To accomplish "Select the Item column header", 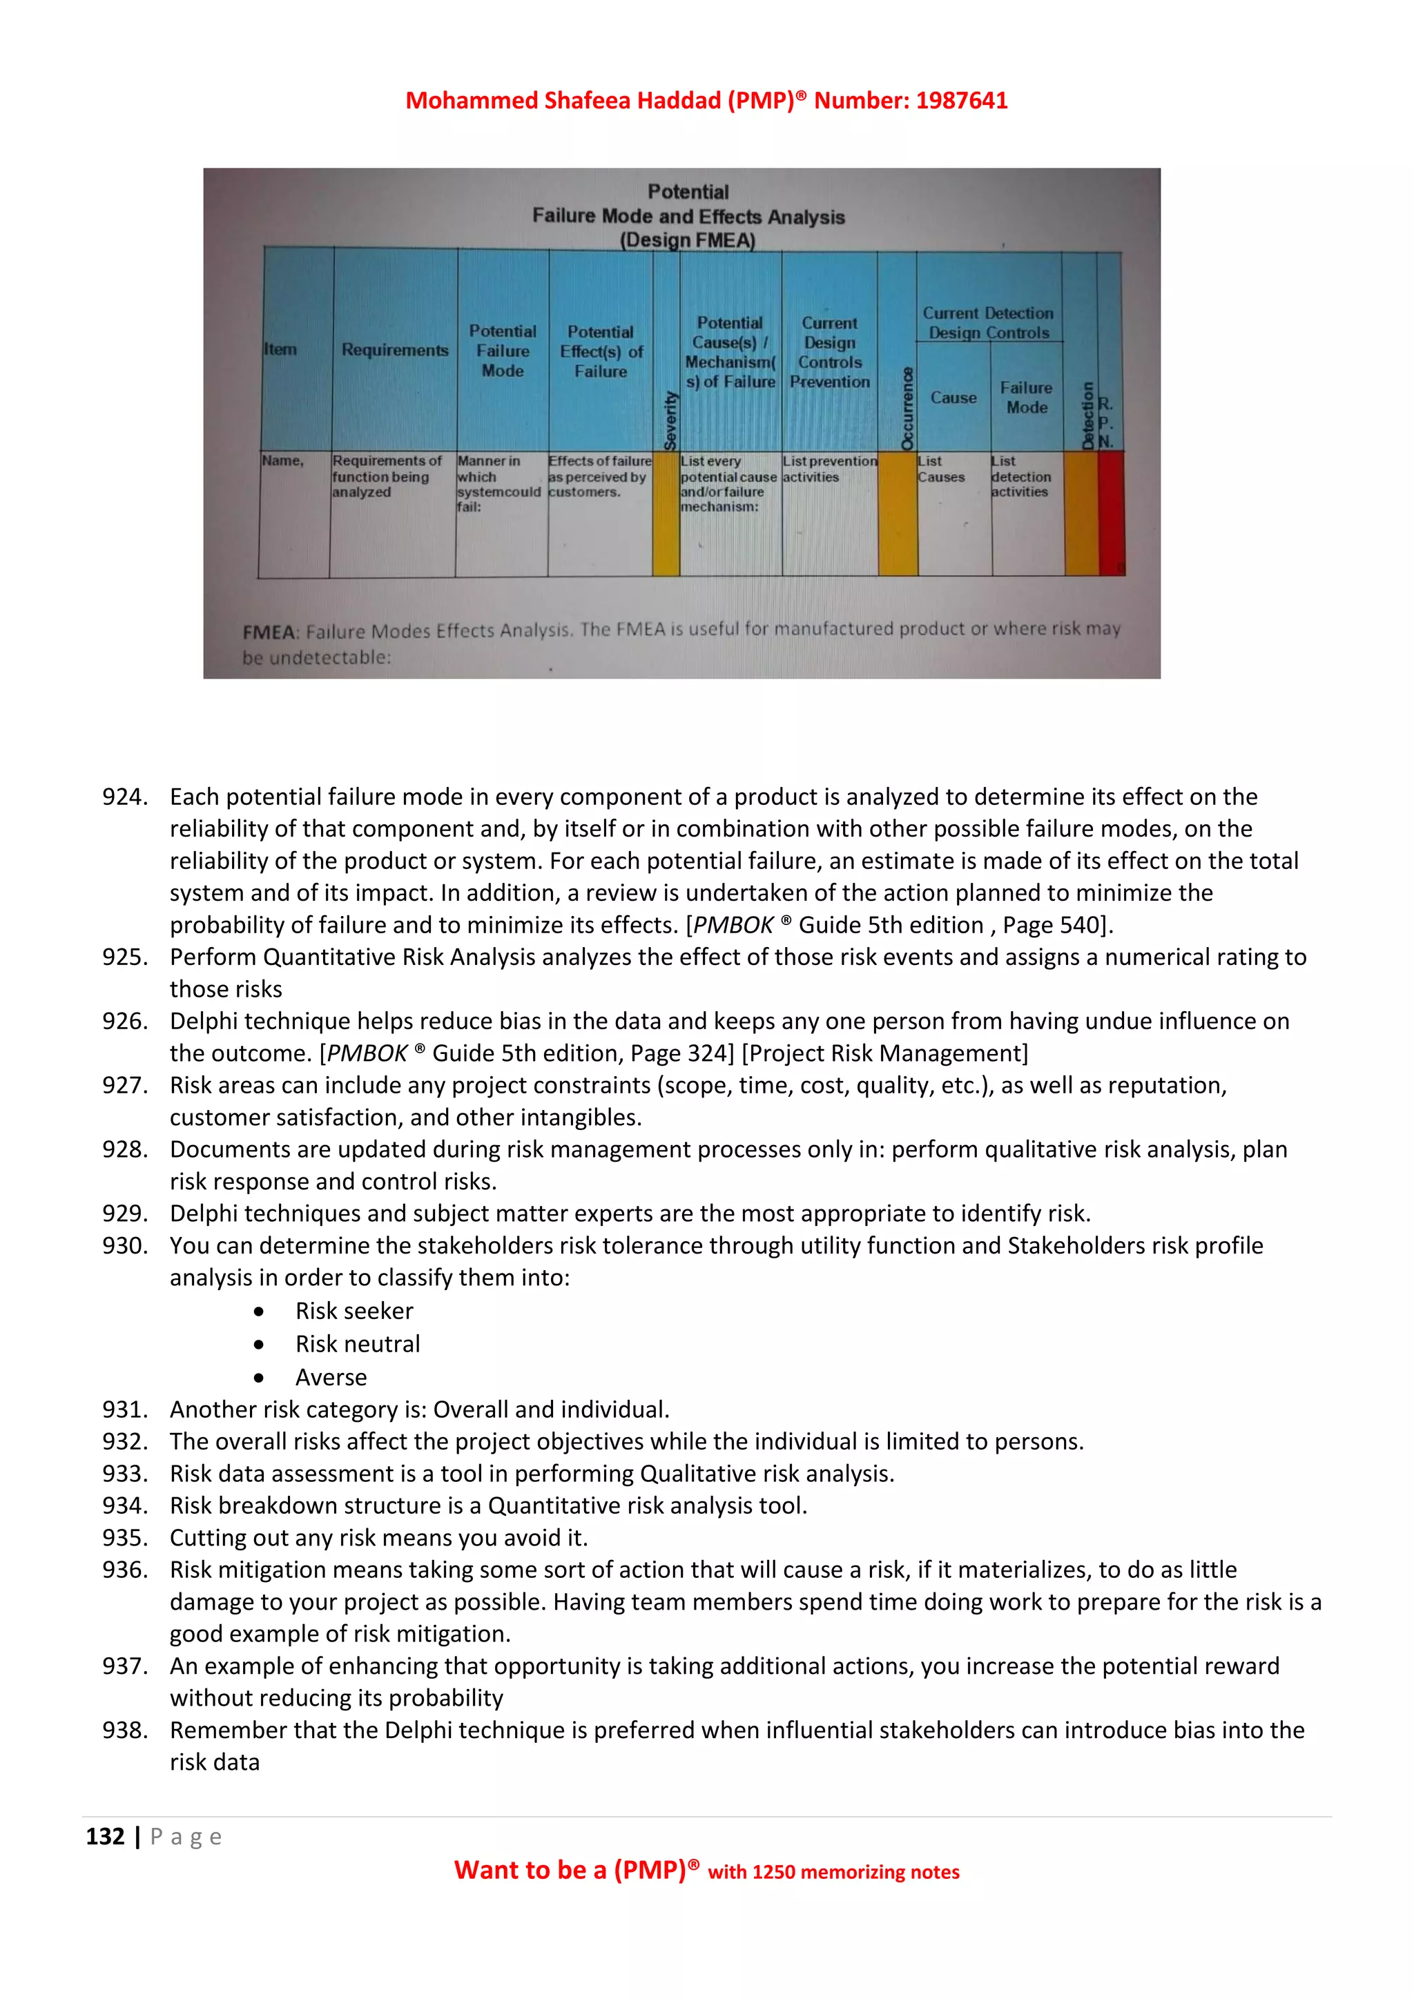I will (x=280, y=349).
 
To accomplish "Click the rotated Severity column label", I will (x=670, y=420).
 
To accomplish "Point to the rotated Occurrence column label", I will (x=907, y=409).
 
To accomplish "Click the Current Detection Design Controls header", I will (x=988, y=322).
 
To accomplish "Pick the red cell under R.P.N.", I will (x=1110, y=513).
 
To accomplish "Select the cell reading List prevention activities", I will (x=829, y=469).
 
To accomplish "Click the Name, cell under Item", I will (x=283, y=460).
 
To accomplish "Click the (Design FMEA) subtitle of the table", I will (x=687, y=240).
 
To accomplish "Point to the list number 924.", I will (x=124, y=797).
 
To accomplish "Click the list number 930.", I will (x=124, y=1245).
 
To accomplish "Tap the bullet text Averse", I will (x=331, y=1377).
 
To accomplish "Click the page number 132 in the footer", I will (x=106, y=1836).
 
